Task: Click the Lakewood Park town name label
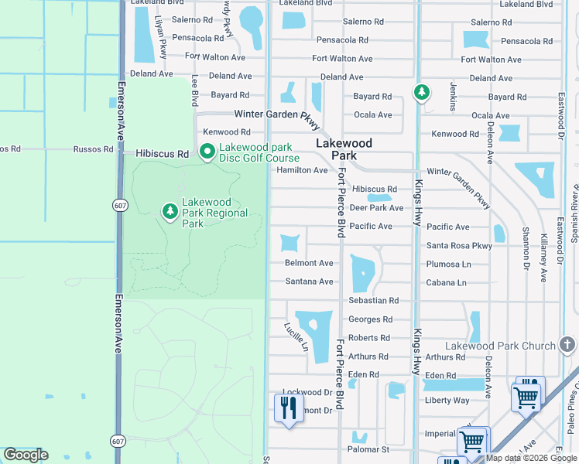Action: pyautogui.click(x=344, y=149)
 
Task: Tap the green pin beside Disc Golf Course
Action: pyautogui.click(x=207, y=153)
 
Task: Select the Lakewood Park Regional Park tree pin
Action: pyautogui.click(x=170, y=211)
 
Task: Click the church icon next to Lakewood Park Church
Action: pyautogui.click(x=567, y=345)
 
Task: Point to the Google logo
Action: pyautogui.click(x=26, y=455)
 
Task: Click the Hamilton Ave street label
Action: pyautogui.click(x=302, y=170)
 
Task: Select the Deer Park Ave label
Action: pyautogui.click(x=377, y=208)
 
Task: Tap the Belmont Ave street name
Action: pyautogui.click(x=309, y=264)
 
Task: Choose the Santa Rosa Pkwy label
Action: pyautogui.click(x=459, y=246)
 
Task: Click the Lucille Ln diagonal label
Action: pyautogui.click(x=296, y=338)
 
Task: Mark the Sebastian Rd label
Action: pyautogui.click(x=373, y=301)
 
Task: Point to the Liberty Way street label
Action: pyautogui.click(x=447, y=401)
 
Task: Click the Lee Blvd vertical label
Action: pyautogui.click(x=194, y=91)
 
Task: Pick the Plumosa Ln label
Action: pyautogui.click(x=448, y=264)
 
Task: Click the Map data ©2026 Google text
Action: pyautogui.click(x=531, y=458)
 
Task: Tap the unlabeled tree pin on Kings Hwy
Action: pyautogui.click(x=421, y=94)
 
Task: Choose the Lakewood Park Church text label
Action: pyautogui.click(x=500, y=346)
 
